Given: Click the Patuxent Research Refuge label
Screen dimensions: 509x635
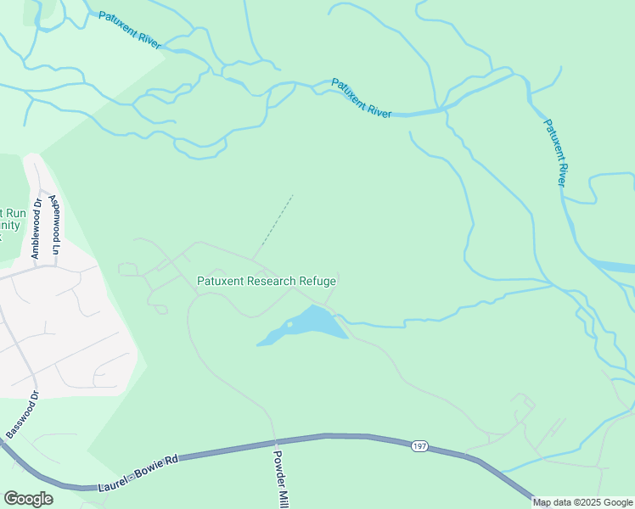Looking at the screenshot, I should click(267, 281).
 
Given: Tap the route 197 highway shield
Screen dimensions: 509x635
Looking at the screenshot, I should click(419, 445).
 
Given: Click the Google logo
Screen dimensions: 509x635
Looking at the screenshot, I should click(28, 499).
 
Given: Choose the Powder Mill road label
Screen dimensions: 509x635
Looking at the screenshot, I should click(279, 477).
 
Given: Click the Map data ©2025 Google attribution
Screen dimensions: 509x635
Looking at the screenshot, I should click(582, 502).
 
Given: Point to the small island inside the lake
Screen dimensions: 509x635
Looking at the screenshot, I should click(289, 324).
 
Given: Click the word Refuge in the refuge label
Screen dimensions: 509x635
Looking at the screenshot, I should click(317, 281).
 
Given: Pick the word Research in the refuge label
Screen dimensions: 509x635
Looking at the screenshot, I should click(271, 281).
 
